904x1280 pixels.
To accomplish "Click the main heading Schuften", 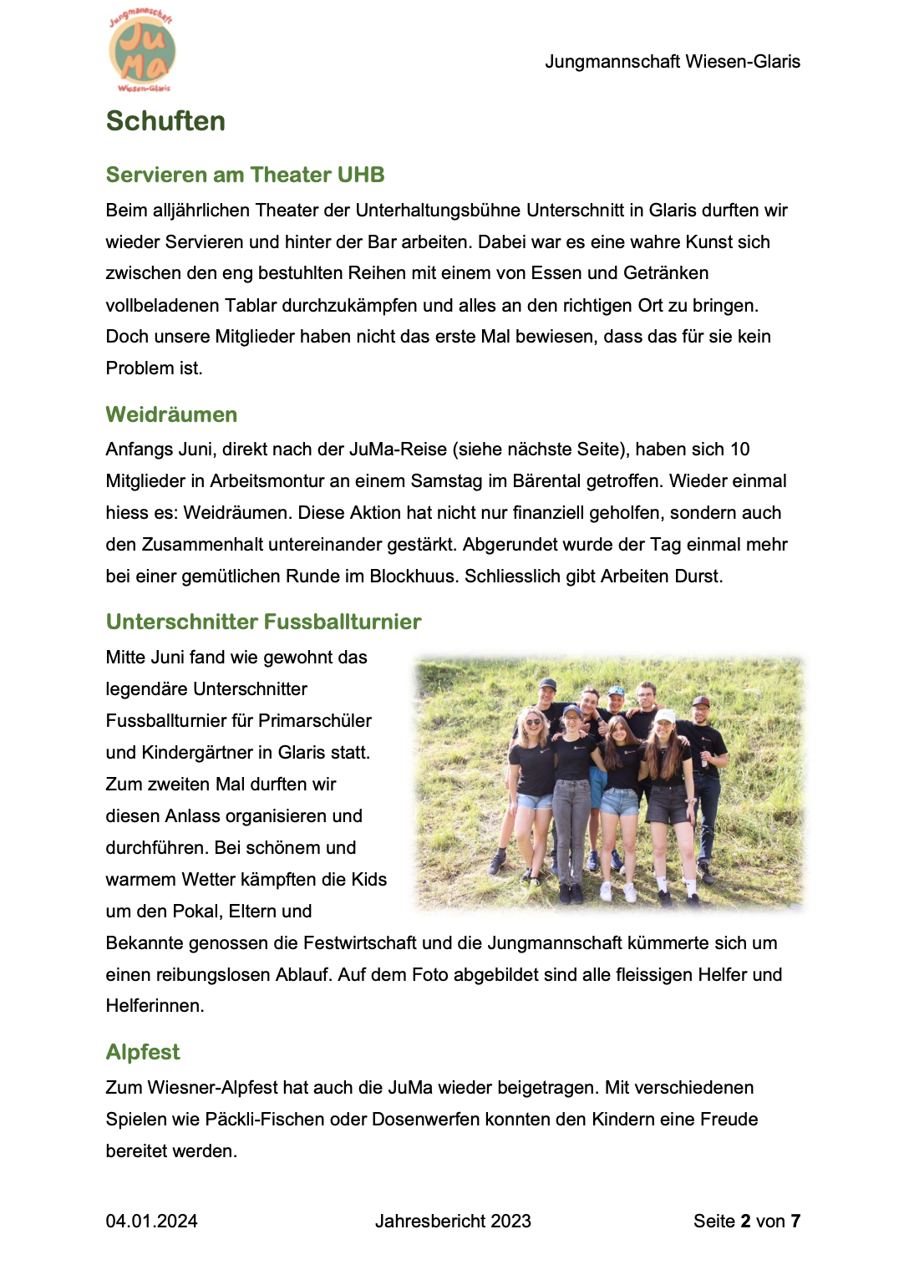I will click(x=165, y=121).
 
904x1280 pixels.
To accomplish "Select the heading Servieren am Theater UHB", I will click(x=245, y=175).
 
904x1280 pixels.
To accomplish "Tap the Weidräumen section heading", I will click(x=171, y=414).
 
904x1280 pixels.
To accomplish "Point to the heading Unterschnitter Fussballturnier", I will click(x=263, y=622).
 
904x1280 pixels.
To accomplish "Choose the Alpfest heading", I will click(x=143, y=1052).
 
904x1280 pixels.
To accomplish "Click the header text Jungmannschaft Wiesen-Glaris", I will click(x=672, y=62).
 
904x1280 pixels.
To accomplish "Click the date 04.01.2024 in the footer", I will click(x=151, y=1222).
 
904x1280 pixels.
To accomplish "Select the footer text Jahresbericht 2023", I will click(x=453, y=1222).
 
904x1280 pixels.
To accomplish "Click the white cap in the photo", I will click(x=665, y=716).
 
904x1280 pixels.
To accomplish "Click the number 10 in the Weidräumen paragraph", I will click(x=739, y=450).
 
